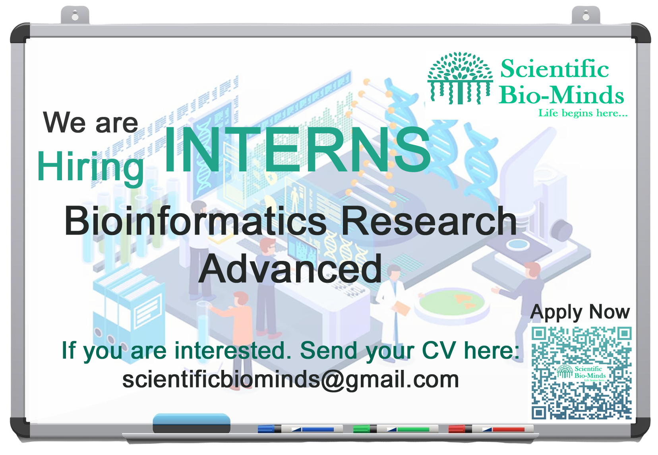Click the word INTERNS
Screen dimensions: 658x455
(x=297, y=150)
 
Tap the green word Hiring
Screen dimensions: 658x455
(x=90, y=168)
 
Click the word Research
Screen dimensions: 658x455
(x=429, y=221)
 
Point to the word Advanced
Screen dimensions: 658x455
(x=290, y=269)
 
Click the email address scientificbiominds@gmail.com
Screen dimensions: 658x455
(x=290, y=380)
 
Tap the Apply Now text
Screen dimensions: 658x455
(x=580, y=312)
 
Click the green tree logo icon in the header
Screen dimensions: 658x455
(x=460, y=78)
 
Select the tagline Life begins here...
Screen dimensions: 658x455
(x=583, y=113)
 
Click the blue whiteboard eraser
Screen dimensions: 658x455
(x=192, y=423)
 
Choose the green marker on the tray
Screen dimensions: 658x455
(x=396, y=429)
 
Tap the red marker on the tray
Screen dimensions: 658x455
(x=491, y=429)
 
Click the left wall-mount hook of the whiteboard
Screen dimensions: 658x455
(x=75, y=15)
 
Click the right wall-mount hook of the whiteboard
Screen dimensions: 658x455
(x=586, y=15)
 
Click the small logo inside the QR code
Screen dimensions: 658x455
(x=581, y=373)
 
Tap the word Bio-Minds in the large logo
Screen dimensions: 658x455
(x=561, y=95)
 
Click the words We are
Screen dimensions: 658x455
(x=91, y=122)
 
